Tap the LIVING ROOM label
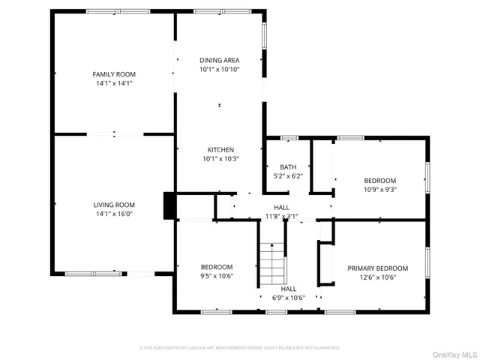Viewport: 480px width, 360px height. coord(114,205)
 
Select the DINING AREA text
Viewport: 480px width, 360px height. coord(220,60)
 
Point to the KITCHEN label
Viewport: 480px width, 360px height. coord(220,149)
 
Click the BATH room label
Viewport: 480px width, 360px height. coord(288,167)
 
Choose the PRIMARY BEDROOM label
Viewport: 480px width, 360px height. coord(377,268)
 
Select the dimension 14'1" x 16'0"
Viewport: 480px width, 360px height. coord(114,214)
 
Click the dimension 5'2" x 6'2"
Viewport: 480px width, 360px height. coord(288,176)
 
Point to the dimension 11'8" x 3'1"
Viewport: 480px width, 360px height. coord(281,216)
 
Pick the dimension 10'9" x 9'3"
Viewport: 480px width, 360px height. coord(379,190)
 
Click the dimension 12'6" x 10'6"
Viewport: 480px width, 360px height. coord(377,277)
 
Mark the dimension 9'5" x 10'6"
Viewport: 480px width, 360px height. coord(216,276)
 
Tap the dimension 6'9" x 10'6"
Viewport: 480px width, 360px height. coord(288,298)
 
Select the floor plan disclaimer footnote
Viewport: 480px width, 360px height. coord(240,347)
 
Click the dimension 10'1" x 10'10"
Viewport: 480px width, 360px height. coord(220,69)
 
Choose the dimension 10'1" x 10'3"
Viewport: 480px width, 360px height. coord(220,158)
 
